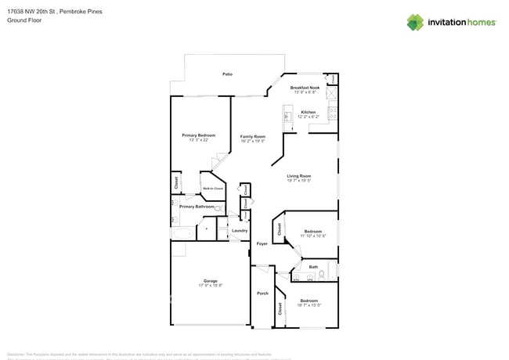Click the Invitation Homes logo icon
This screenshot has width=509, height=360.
[414, 22]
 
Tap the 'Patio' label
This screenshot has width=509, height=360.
[227, 74]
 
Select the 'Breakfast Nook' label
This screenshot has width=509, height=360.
[305, 88]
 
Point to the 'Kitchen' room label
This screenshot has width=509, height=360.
[309, 113]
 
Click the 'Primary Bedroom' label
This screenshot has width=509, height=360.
[198, 135]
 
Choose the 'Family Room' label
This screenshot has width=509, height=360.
[252, 137]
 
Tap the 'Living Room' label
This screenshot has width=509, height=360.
[298, 176]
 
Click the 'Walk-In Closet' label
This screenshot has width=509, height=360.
[213, 189]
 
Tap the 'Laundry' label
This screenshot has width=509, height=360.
[240, 231]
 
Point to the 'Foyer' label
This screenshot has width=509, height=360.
[262, 243]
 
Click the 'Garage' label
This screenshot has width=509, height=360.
[210, 281]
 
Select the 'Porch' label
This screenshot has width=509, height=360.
[262, 293]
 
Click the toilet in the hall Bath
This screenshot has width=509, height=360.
[330, 273]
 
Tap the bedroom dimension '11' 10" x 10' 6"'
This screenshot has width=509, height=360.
[312, 236]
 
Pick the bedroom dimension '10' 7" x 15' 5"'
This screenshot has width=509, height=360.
[309, 305]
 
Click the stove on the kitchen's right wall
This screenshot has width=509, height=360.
[333, 115]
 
